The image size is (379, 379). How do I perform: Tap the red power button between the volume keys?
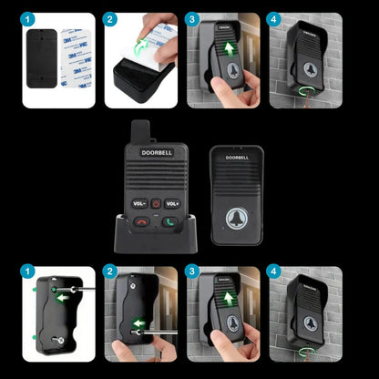[156, 203]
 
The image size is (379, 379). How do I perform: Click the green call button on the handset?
[169, 220]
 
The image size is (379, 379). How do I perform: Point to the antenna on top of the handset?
[140, 131]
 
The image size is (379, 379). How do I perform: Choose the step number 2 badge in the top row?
[111, 19]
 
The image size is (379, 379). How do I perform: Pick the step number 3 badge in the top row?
[192, 19]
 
